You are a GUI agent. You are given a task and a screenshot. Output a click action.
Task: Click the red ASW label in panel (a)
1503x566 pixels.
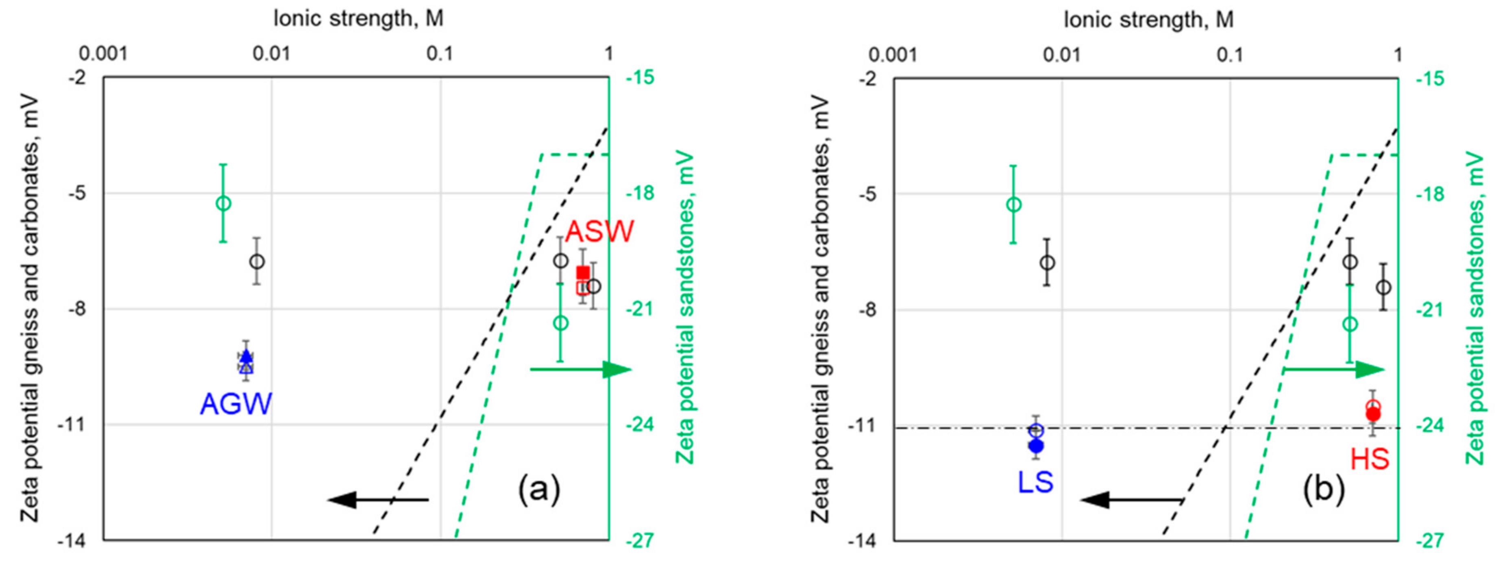599,232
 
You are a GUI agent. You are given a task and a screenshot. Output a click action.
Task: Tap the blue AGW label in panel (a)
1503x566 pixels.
236,404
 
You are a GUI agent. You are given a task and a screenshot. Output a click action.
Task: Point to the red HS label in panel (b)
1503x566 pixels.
1369,459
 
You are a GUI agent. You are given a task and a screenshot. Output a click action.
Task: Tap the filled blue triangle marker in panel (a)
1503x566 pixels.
246,356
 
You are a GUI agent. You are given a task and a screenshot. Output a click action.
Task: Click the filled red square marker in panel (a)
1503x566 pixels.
583,272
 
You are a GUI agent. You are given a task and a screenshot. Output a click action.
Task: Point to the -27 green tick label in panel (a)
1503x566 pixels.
640,541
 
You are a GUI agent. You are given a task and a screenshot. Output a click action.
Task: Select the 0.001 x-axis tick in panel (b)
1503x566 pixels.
893,55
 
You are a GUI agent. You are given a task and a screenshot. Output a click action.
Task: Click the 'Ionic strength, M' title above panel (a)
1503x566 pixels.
358,19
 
